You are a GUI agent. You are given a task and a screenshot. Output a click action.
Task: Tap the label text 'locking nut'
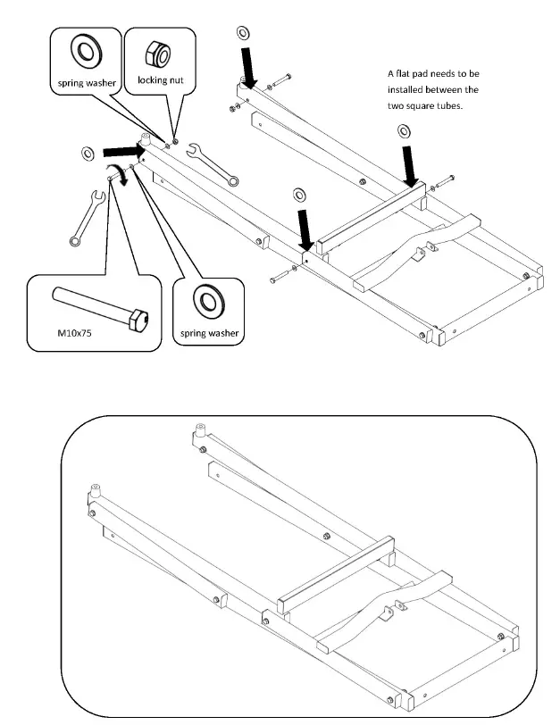coord(161,81)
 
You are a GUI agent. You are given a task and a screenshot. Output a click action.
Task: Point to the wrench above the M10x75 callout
coord(88,217)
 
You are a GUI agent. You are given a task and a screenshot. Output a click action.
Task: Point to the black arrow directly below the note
coord(410,164)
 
